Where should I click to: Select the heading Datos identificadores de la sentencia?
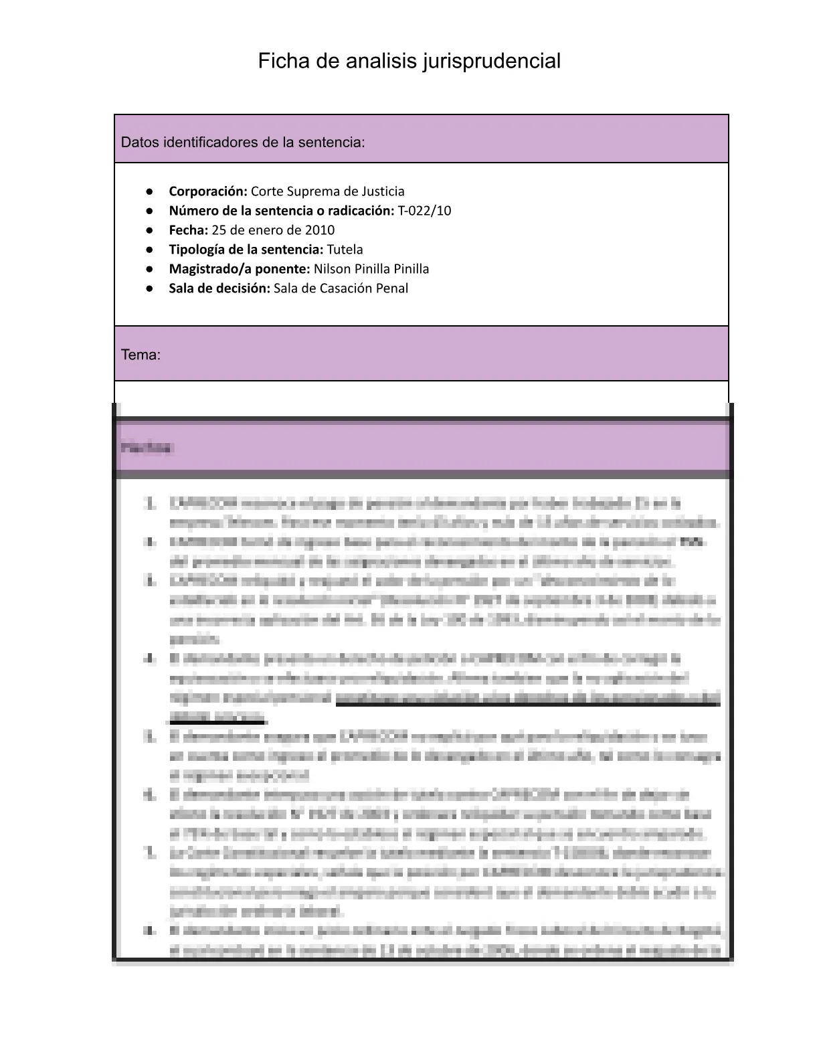[x=243, y=143]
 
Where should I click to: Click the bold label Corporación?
[x=208, y=191]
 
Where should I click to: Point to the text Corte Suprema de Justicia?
[x=327, y=191]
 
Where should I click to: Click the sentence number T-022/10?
[x=424, y=211]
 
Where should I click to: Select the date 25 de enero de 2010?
[x=273, y=230]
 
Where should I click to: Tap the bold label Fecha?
[x=188, y=230]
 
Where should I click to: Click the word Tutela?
[x=345, y=250]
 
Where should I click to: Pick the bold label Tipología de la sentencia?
[x=246, y=250]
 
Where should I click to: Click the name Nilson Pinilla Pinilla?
[x=371, y=269]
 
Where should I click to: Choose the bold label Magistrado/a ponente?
[x=239, y=269]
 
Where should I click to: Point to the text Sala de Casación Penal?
[x=341, y=288]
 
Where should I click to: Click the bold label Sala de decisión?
[x=219, y=288]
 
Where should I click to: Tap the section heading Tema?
[x=141, y=355]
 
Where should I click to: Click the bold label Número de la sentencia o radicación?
[x=281, y=211]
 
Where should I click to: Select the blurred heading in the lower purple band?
[x=146, y=448]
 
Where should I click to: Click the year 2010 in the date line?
[x=320, y=230]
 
